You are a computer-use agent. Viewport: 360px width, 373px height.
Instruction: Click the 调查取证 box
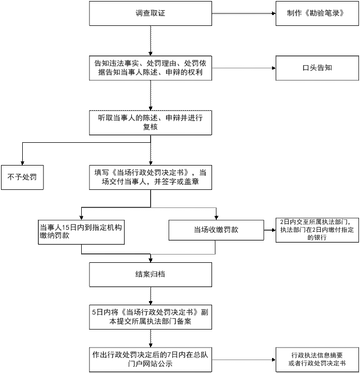coord(151,13)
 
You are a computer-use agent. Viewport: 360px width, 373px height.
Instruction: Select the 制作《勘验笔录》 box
coord(317,13)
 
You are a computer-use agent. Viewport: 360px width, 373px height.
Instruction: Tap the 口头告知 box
coord(317,68)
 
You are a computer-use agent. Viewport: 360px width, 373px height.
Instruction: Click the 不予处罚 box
coord(22,177)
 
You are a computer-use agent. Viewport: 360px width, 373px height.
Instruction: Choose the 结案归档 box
coord(151,275)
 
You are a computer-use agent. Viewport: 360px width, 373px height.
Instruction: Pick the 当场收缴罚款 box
coord(216,230)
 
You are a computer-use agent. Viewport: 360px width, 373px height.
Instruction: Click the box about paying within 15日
coord(81,232)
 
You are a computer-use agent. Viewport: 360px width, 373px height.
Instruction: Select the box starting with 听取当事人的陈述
coord(151,123)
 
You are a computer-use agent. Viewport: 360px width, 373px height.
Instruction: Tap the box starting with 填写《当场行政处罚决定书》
coord(151,177)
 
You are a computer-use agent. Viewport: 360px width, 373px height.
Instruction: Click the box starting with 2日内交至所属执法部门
coord(317,230)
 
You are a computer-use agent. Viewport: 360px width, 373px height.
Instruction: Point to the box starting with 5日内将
coord(151,317)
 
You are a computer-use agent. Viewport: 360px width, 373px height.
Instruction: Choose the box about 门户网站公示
coord(151,360)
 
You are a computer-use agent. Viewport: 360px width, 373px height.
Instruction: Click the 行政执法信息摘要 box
coord(317,360)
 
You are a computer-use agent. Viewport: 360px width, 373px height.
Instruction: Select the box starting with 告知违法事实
coord(151,68)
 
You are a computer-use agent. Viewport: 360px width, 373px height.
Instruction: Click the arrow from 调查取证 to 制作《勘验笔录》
coord(244,13)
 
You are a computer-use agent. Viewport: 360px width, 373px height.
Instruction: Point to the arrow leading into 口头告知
coord(244,68)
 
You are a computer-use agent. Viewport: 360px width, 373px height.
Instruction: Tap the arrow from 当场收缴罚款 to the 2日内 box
coord(270,230)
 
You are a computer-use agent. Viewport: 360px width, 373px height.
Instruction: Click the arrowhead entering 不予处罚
coord(22,163)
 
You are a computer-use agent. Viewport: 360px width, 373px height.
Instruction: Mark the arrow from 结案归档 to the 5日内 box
coord(151,296)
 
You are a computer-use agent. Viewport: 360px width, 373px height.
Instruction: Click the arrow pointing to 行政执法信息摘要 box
coord(244,360)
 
